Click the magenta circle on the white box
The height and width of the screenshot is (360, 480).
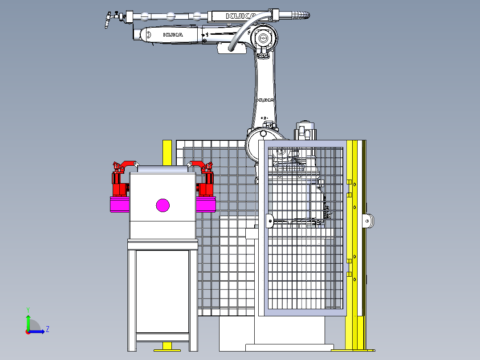163,205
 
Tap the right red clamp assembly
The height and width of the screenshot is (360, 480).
205,180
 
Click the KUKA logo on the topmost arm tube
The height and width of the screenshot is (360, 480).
241,16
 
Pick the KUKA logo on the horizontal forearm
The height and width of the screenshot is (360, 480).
172,34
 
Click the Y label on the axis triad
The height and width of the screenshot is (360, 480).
28,309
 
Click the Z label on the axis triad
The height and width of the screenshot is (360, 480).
47,329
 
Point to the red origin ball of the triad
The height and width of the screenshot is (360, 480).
28,331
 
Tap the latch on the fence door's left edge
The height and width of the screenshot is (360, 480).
269,221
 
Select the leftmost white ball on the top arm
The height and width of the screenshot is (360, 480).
145,17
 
